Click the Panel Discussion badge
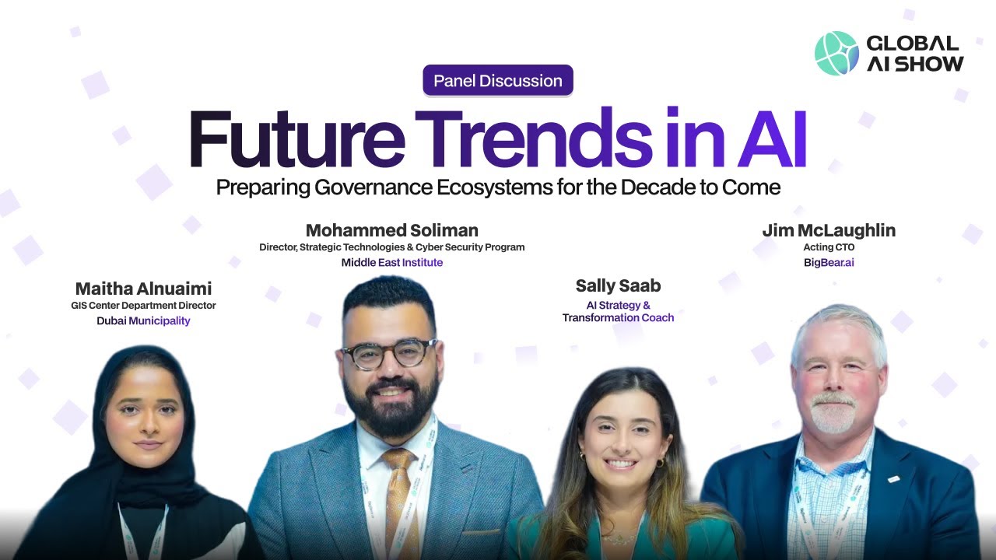point(498,81)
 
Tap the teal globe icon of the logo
point(836,53)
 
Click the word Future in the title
point(296,140)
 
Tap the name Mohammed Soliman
point(391,230)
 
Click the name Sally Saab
point(618,285)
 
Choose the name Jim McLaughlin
point(829,230)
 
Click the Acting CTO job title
point(829,247)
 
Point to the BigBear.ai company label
point(829,263)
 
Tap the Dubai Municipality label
point(143,320)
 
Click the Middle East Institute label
point(391,263)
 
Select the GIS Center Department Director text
point(143,306)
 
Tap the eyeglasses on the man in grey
point(389,354)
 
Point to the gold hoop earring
point(660,463)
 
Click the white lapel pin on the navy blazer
point(894,478)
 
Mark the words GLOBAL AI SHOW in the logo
point(914,53)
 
